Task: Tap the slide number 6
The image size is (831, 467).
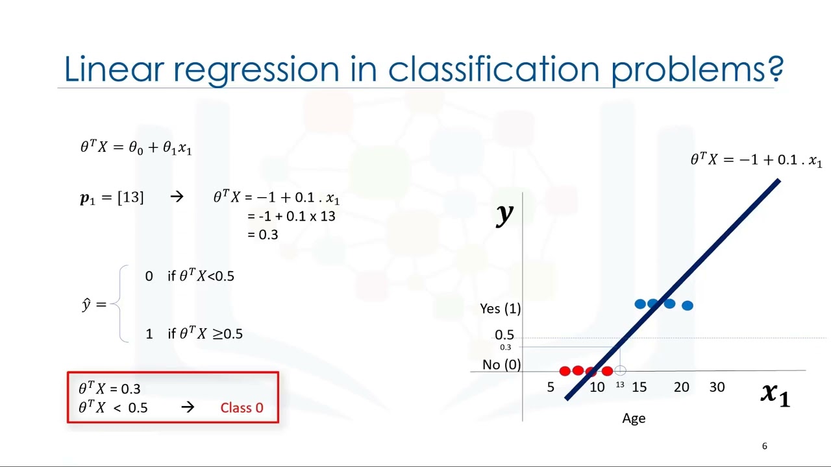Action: (x=764, y=446)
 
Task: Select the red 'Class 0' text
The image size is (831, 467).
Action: (x=242, y=408)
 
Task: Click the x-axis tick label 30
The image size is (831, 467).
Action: (x=717, y=387)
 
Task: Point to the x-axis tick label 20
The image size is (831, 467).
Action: (x=681, y=387)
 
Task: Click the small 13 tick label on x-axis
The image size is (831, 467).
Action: (x=620, y=385)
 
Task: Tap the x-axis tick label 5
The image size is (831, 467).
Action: (x=551, y=387)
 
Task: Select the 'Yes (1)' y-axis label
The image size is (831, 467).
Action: (x=500, y=309)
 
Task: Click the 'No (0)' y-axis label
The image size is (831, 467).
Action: (x=501, y=365)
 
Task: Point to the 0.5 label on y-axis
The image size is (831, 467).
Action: (x=504, y=335)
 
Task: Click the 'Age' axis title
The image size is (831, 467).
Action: (x=634, y=418)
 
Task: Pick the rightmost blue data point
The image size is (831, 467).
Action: (x=688, y=305)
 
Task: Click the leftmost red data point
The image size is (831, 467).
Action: (x=565, y=371)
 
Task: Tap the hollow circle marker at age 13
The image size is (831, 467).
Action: (x=620, y=371)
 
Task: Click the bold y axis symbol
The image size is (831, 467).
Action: (x=504, y=214)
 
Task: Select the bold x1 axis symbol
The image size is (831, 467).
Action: (x=775, y=393)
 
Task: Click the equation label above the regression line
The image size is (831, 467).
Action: (x=756, y=160)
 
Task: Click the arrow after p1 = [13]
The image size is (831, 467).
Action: (x=177, y=197)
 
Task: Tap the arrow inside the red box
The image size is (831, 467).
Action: (x=188, y=407)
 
